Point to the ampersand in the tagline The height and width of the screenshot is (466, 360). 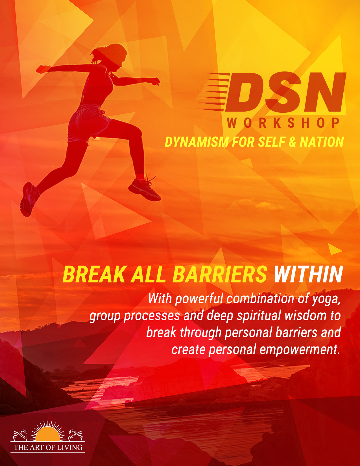coord(292,142)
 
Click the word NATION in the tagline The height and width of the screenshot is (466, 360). coord(322,142)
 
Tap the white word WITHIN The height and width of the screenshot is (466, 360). coord(308,275)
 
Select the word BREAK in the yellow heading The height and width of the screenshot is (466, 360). coord(94,275)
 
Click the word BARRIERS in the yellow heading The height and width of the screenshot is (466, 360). coord(220,275)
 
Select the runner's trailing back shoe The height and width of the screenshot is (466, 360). coord(29,199)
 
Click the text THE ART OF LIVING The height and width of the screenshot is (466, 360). coord(48,447)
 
